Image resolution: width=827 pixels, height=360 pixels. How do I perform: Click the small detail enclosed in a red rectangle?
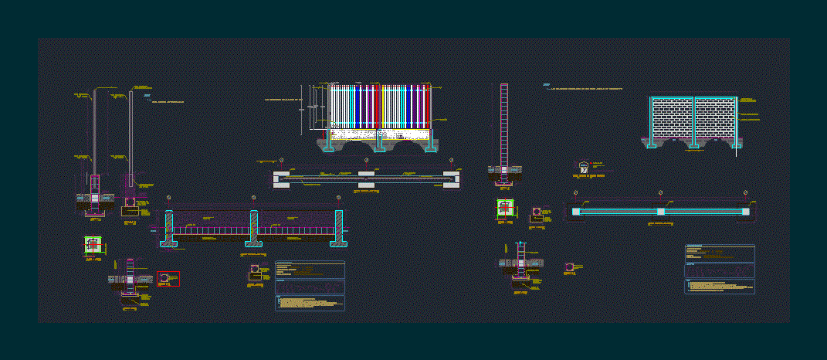coord(168,279)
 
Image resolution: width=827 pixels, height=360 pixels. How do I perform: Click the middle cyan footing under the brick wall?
coord(693,144)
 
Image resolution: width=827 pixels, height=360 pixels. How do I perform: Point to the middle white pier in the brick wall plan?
coord(660,211)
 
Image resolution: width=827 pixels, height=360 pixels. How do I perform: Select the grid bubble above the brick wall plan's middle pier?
coord(660,192)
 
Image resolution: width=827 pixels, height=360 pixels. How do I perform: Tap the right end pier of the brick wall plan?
coord(745,211)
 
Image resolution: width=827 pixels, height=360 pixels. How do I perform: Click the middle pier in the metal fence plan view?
coord(366,180)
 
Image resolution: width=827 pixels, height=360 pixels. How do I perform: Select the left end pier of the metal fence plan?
coord(281,180)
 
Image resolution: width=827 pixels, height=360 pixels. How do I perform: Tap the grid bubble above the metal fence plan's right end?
coord(451,161)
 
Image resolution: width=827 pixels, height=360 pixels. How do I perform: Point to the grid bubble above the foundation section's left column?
coord(169,198)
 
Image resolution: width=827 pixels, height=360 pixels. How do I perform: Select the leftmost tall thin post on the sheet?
coord(94,131)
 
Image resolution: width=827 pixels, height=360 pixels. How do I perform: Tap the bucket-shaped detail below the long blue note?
coord(584,167)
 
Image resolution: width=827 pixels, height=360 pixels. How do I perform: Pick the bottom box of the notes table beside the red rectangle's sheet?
coord(310,302)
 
